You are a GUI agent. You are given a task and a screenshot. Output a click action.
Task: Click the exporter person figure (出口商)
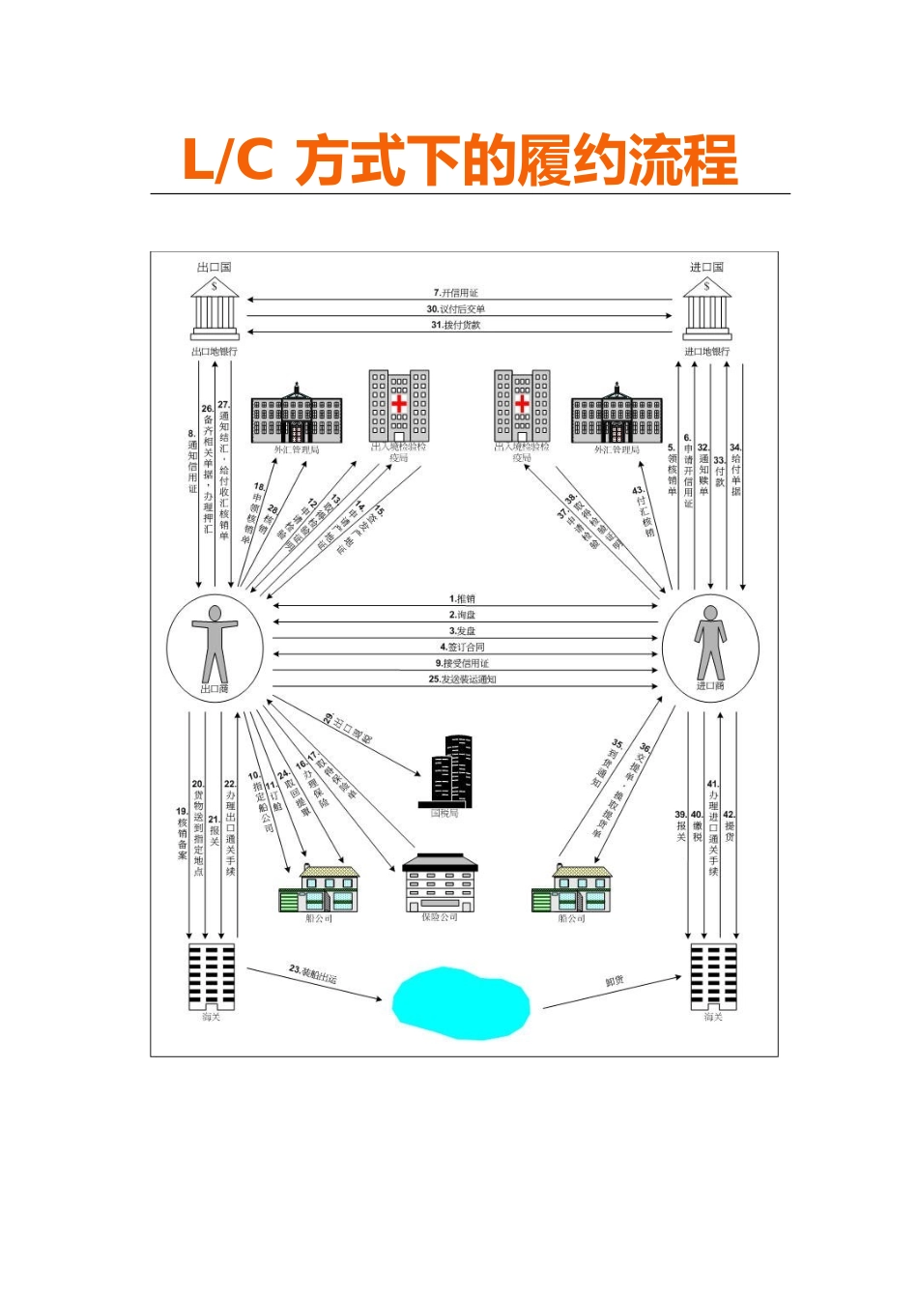(x=214, y=643)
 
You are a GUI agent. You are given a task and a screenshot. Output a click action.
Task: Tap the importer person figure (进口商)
(x=710, y=642)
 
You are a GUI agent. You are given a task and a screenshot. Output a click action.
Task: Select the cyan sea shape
(x=461, y=1003)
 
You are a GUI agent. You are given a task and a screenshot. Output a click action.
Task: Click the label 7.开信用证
(x=456, y=293)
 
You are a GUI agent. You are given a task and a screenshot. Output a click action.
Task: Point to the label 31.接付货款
(x=456, y=326)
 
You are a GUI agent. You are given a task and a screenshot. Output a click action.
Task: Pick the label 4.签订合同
(x=463, y=648)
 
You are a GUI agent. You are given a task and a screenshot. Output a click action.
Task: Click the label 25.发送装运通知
(x=463, y=679)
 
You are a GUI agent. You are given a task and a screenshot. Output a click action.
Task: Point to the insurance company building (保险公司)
(x=440, y=881)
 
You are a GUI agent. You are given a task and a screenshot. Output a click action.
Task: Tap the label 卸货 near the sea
(x=615, y=981)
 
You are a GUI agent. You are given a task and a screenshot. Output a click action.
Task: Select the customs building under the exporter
(x=212, y=975)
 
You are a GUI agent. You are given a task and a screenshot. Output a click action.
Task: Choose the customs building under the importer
(x=713, y=976)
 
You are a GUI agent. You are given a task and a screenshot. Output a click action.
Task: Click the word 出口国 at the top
(x=215, y=267)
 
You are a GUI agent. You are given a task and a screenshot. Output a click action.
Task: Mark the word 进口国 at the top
(x=706, y=267)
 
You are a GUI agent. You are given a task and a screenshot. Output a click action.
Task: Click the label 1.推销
(x=463, y=599)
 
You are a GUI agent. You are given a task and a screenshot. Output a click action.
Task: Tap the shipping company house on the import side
(x=572, y=888)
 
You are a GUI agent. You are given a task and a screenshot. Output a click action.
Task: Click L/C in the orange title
(x=228, y=160)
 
